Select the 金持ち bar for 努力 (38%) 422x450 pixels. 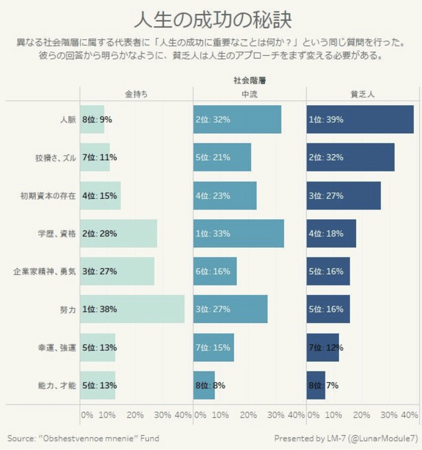132,309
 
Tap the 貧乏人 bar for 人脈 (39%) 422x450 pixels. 360,119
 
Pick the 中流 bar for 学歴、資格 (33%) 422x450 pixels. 238,233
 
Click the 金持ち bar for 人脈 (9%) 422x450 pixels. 92,119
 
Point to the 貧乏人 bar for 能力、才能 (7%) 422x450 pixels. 316,385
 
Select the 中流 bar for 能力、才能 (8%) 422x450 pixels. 204,385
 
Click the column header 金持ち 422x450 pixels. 136,93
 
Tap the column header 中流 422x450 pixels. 249,93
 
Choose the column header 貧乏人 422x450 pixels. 362,93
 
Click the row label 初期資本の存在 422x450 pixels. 49,195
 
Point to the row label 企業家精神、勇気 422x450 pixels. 45,271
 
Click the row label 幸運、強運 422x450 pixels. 55,348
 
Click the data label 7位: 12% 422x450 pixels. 326,348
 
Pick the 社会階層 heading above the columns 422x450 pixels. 249,81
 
